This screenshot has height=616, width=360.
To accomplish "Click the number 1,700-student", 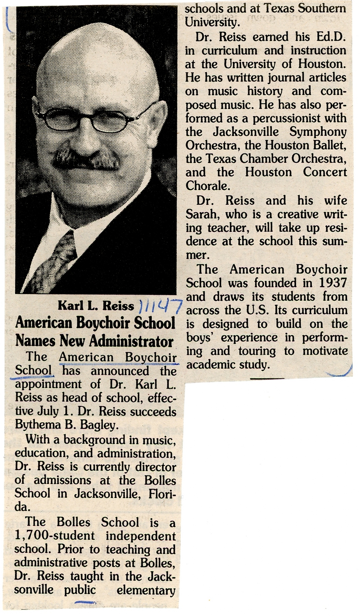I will (55, 536).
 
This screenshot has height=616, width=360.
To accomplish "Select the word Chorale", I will (207, 186).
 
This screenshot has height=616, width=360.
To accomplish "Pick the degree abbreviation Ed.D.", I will (331, 37).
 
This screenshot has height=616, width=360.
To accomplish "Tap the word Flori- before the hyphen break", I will (162, 494).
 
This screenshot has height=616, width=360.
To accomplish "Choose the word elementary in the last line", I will (146, 590).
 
